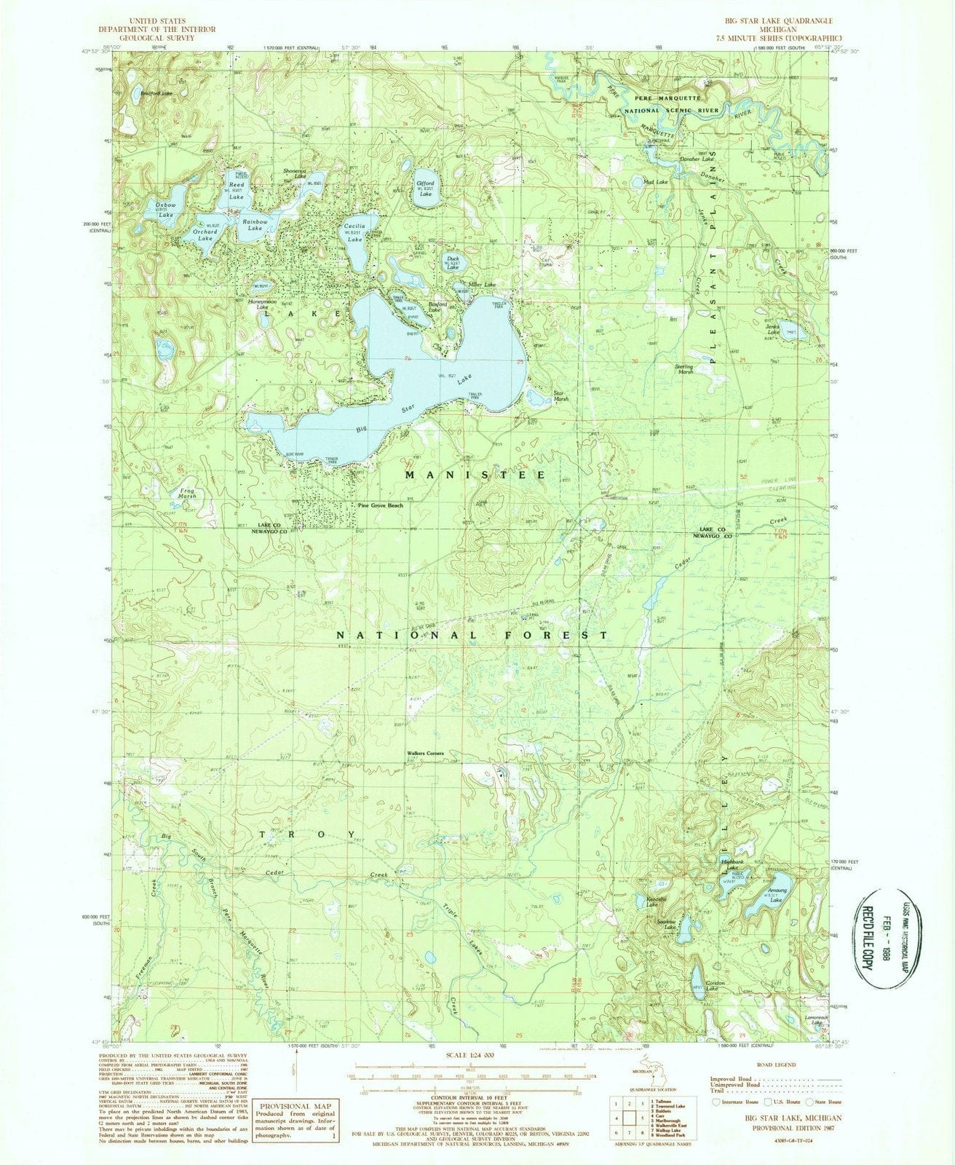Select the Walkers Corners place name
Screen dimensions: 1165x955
point(425,754)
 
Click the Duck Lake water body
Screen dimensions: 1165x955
point(453,263)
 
